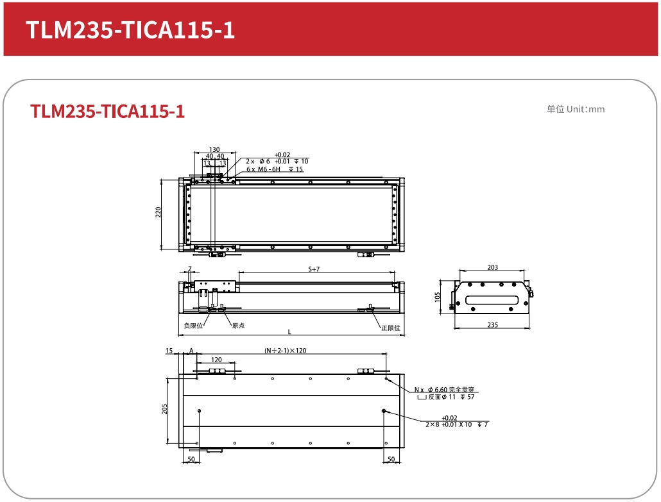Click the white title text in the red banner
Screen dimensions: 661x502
point(130,30)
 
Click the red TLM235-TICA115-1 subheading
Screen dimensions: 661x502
point(108,111)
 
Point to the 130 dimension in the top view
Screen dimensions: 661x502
point(214,149)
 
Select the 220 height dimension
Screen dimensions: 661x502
point(158,212)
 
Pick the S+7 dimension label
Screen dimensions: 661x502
point(314,269)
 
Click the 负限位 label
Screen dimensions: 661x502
point(194,326)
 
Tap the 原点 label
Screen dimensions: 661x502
point(239,326)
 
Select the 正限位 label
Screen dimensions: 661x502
point(391,328)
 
